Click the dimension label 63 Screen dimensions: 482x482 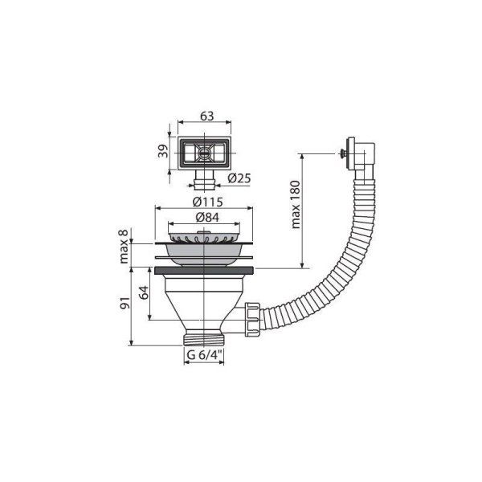click(206, 116)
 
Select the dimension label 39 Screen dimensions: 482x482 click(163, 151)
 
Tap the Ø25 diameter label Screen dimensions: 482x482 click(239, 178)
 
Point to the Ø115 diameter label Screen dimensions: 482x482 click(208, 202)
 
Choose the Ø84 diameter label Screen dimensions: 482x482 click(207, 218)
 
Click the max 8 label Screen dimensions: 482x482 click(124, 247)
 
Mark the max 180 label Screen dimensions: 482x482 click(296, 205)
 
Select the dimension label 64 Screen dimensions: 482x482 click(144, 292)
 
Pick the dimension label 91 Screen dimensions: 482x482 click(125, 303)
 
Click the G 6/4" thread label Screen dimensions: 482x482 click(204, 355)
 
